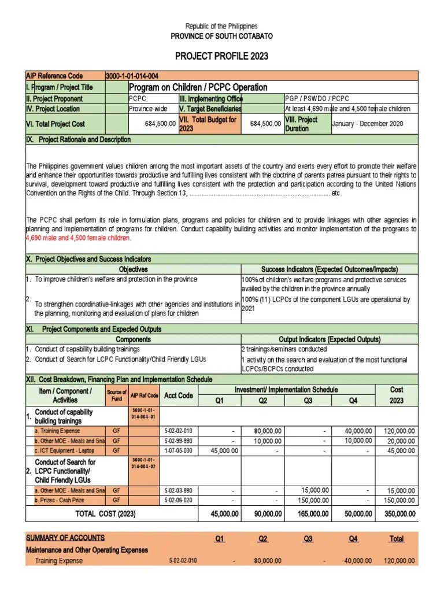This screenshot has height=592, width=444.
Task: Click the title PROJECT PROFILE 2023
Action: [221, 56]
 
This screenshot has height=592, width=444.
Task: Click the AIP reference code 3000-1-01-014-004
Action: [132, 76]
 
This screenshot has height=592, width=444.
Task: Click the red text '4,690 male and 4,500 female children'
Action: [79, 238]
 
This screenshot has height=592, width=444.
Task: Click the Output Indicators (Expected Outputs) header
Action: [330, 339]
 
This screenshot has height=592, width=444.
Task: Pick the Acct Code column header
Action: [178, 395]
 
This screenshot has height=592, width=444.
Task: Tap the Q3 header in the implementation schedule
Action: [308, 401]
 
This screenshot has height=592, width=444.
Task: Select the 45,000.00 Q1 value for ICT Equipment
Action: [220, 451]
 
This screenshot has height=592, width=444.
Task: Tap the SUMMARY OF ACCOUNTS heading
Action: [65, 538]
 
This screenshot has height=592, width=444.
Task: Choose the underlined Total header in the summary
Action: [397, 539]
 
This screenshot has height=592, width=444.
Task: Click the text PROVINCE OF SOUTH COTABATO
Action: [221, 36]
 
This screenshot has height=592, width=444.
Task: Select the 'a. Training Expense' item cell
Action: [58, 431]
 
